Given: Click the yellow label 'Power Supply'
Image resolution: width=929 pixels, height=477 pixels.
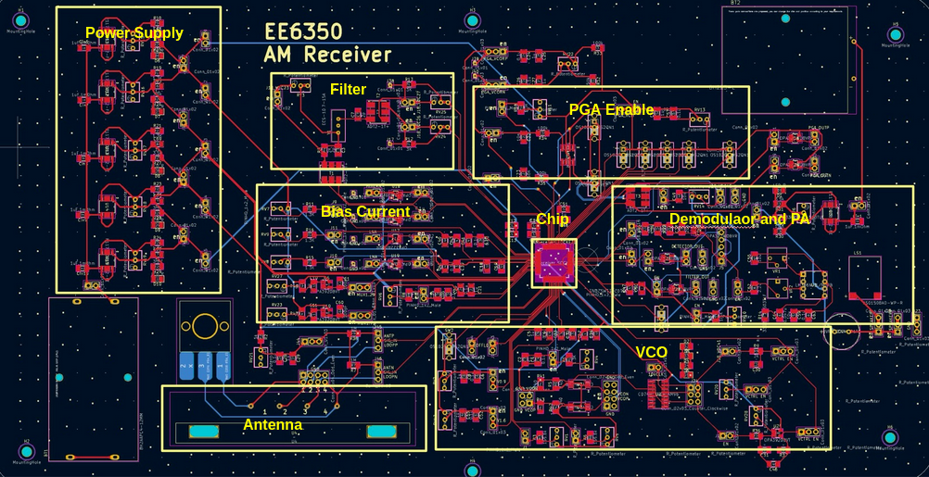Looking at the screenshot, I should coord(134,33).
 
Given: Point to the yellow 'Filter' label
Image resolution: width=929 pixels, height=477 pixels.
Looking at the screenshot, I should coord(348,90).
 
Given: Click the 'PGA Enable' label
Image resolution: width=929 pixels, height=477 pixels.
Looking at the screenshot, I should coord(611,109).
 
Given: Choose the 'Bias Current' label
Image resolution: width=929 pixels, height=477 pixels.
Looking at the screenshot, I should coord(365,212).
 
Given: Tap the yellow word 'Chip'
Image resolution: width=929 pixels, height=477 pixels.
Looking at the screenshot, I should coord(553,220).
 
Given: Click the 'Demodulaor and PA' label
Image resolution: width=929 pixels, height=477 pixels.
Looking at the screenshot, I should coord(740,219).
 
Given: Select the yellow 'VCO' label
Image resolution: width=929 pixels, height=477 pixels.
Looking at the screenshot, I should coord(651,352).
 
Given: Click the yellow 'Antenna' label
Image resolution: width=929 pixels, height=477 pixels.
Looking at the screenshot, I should coord(273,424).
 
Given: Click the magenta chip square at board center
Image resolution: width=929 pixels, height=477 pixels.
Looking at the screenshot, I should coord(554,262).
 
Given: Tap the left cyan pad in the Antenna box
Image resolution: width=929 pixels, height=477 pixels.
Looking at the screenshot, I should coord(202,432).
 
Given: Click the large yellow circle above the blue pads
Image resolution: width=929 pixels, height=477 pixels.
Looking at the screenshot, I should coord(204,325).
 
